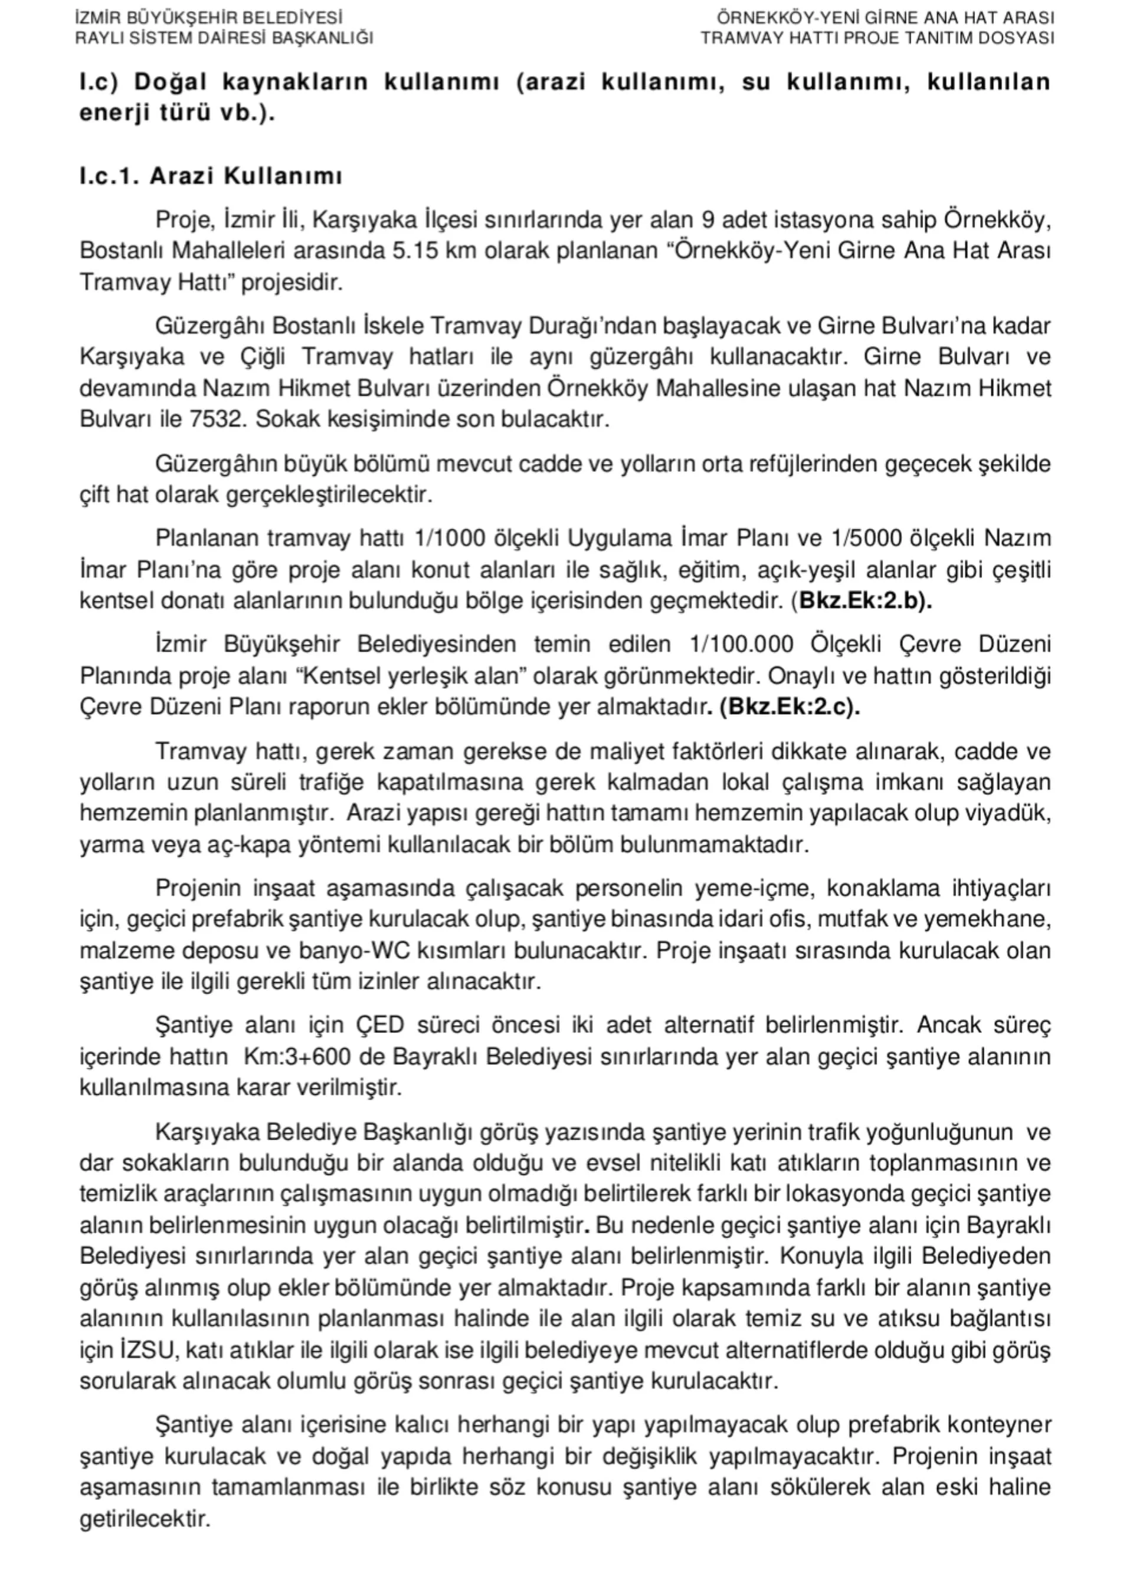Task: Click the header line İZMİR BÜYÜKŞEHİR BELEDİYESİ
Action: pyautogui.click(x=208, y=17)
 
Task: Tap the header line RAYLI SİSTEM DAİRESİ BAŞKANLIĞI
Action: pyautogui.click(x=224, y=37)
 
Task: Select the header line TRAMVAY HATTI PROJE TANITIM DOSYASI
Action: pyautogui.click(x=877, y=37)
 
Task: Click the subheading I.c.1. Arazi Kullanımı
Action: pyautogui.click(x=211, y=176)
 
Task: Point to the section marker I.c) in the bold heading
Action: pyautogui.click(x=99, y=83)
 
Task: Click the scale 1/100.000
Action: pyautogui.click(x=741, y=645)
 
